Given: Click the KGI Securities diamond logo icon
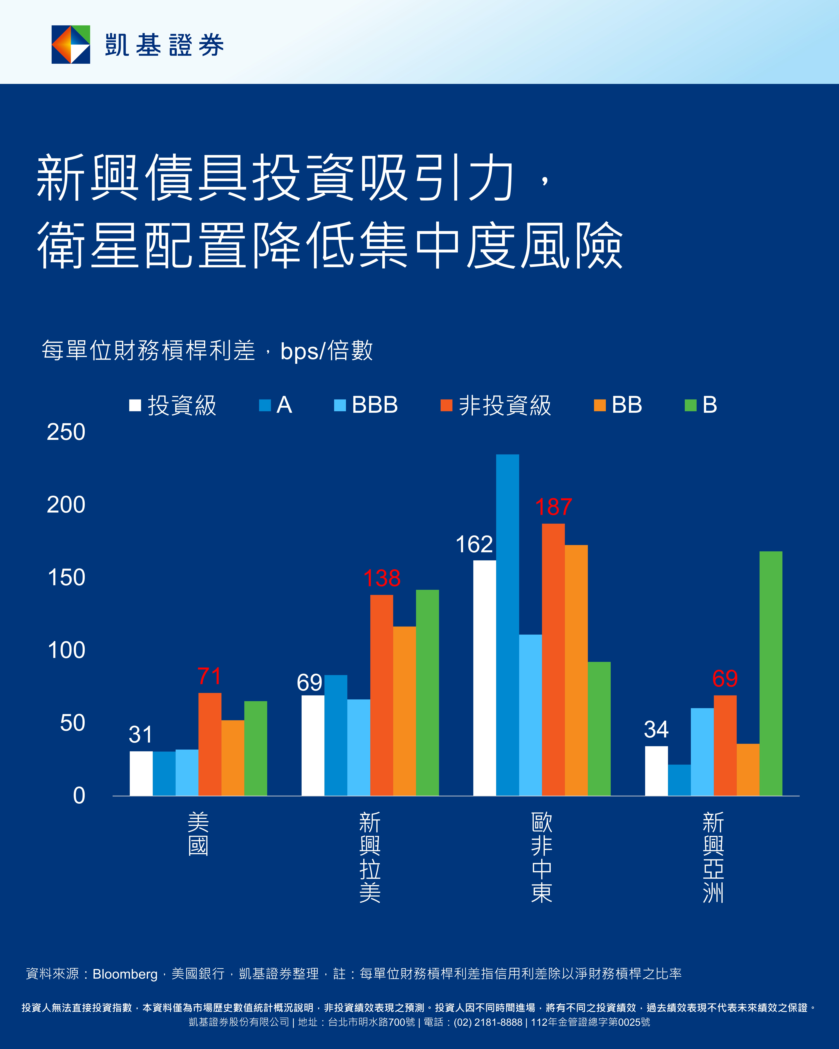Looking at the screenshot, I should point(71,44).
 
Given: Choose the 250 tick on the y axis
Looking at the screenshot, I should point(66,432).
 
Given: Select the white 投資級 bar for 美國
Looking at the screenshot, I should point(141,774).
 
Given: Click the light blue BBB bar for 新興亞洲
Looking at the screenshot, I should point(702,752).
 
